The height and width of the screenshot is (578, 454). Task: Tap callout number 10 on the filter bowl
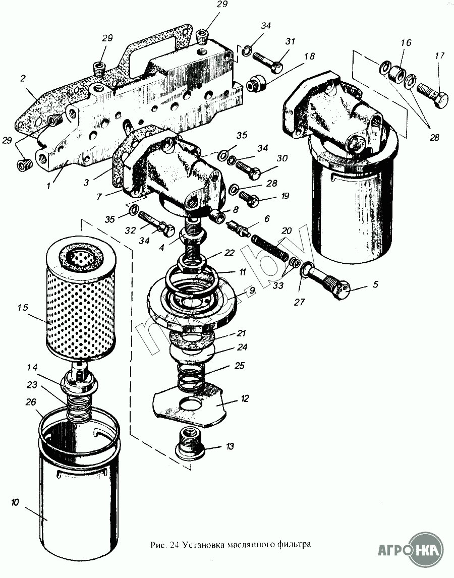coord(15,502)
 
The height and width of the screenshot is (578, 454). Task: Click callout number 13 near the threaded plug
coord(230,446)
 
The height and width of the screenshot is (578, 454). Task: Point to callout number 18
coord(308,55)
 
